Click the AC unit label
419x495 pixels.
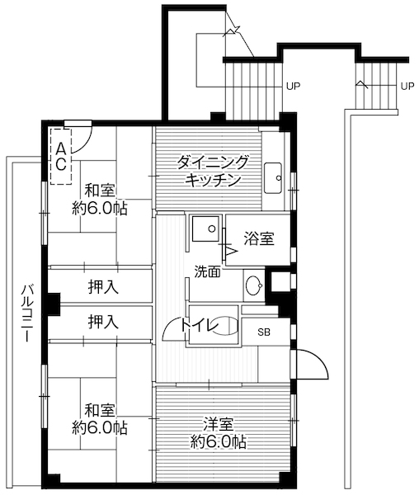pyautogui.click(x=60, y=154)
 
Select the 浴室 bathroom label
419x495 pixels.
pyautogui.click(x=259, y=239)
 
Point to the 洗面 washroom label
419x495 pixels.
pyautogui.click(x=207, y=271)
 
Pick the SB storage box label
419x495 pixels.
pyautogui.click(x=264, y=332)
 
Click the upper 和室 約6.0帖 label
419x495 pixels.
pyautogui.click(x=100, y=198)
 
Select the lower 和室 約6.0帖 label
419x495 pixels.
pyautogui.click(x=100, y=418)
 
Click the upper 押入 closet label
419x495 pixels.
pyautogui.click(x=103, y=287)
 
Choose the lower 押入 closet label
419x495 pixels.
pyautogui.click(x=103, y=320)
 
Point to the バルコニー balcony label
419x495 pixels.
pyautogui.click(x=26, y=314)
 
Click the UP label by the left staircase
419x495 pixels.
pyautogui.click(x=293, y=85)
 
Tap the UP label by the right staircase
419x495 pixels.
pyautogui.click(x=407, y=85)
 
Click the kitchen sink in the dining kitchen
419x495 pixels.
pyautogui.click(x=274, y=177)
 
